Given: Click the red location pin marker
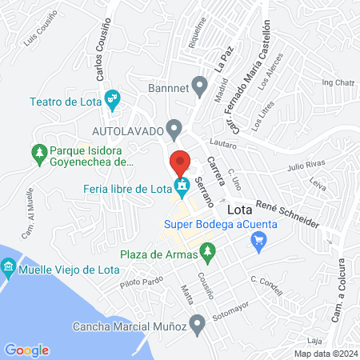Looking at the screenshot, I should pos(181,162).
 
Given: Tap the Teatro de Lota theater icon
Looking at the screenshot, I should pos(113,100).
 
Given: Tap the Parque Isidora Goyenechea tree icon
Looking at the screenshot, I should pos(38,150).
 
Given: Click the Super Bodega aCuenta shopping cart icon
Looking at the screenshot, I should pos(258,240).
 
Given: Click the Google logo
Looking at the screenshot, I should pos(26,350).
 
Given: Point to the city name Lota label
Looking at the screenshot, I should pos(242,210).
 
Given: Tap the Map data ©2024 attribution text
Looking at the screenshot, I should pos(325,353).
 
